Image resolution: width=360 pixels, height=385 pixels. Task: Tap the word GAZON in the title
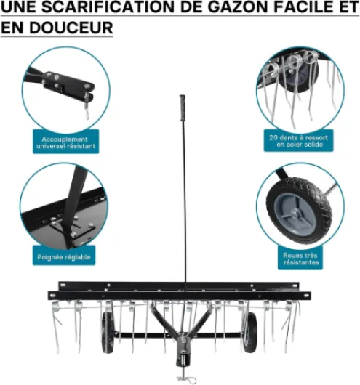point(239,7)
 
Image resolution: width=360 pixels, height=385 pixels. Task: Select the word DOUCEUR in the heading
point(71,28)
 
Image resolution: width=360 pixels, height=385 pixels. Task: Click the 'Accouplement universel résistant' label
point(65,142)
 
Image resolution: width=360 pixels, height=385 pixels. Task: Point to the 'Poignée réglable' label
point(64,257)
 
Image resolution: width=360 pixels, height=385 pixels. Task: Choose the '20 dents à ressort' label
point(298,137)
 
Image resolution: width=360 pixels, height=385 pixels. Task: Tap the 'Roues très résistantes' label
point(300,259)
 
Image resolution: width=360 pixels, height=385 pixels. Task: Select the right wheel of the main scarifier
point(250,332)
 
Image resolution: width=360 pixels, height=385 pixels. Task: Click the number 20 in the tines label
point(273,137)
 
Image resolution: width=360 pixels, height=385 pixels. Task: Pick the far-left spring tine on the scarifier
point(56,327)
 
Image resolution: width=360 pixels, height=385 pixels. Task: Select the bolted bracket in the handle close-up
point(73,227)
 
